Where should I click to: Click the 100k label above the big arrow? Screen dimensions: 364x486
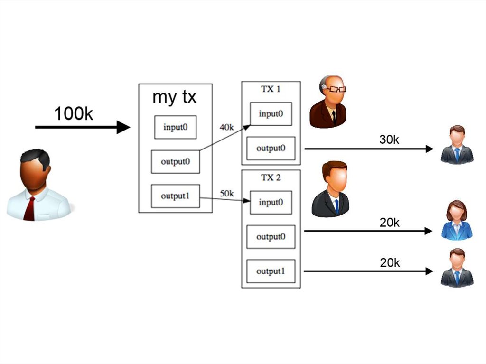coord(74,114)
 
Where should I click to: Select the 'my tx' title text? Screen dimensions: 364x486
coord(174,97)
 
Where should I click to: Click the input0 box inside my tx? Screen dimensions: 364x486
coord(175,127)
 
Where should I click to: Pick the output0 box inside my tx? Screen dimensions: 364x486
coord(175,162)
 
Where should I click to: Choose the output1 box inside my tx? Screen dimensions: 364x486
coord(175,196)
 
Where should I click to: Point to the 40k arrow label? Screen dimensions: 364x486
coord(226,127)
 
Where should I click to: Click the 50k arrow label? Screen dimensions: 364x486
coord(227,194)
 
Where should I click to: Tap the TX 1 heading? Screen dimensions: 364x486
coord(271,89)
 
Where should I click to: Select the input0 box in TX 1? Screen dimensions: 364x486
coord(271,114)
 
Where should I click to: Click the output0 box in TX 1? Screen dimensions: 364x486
coord(271,148)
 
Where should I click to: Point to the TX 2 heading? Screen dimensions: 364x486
coord(271,177)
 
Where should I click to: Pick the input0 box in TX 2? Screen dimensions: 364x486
coord(271,203)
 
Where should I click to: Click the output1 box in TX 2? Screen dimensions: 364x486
coord(271,271)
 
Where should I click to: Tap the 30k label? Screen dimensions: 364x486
coord(389,140)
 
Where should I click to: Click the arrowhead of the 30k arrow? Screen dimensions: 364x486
coord(430,149)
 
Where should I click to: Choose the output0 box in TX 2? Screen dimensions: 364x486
coord(271,237)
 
